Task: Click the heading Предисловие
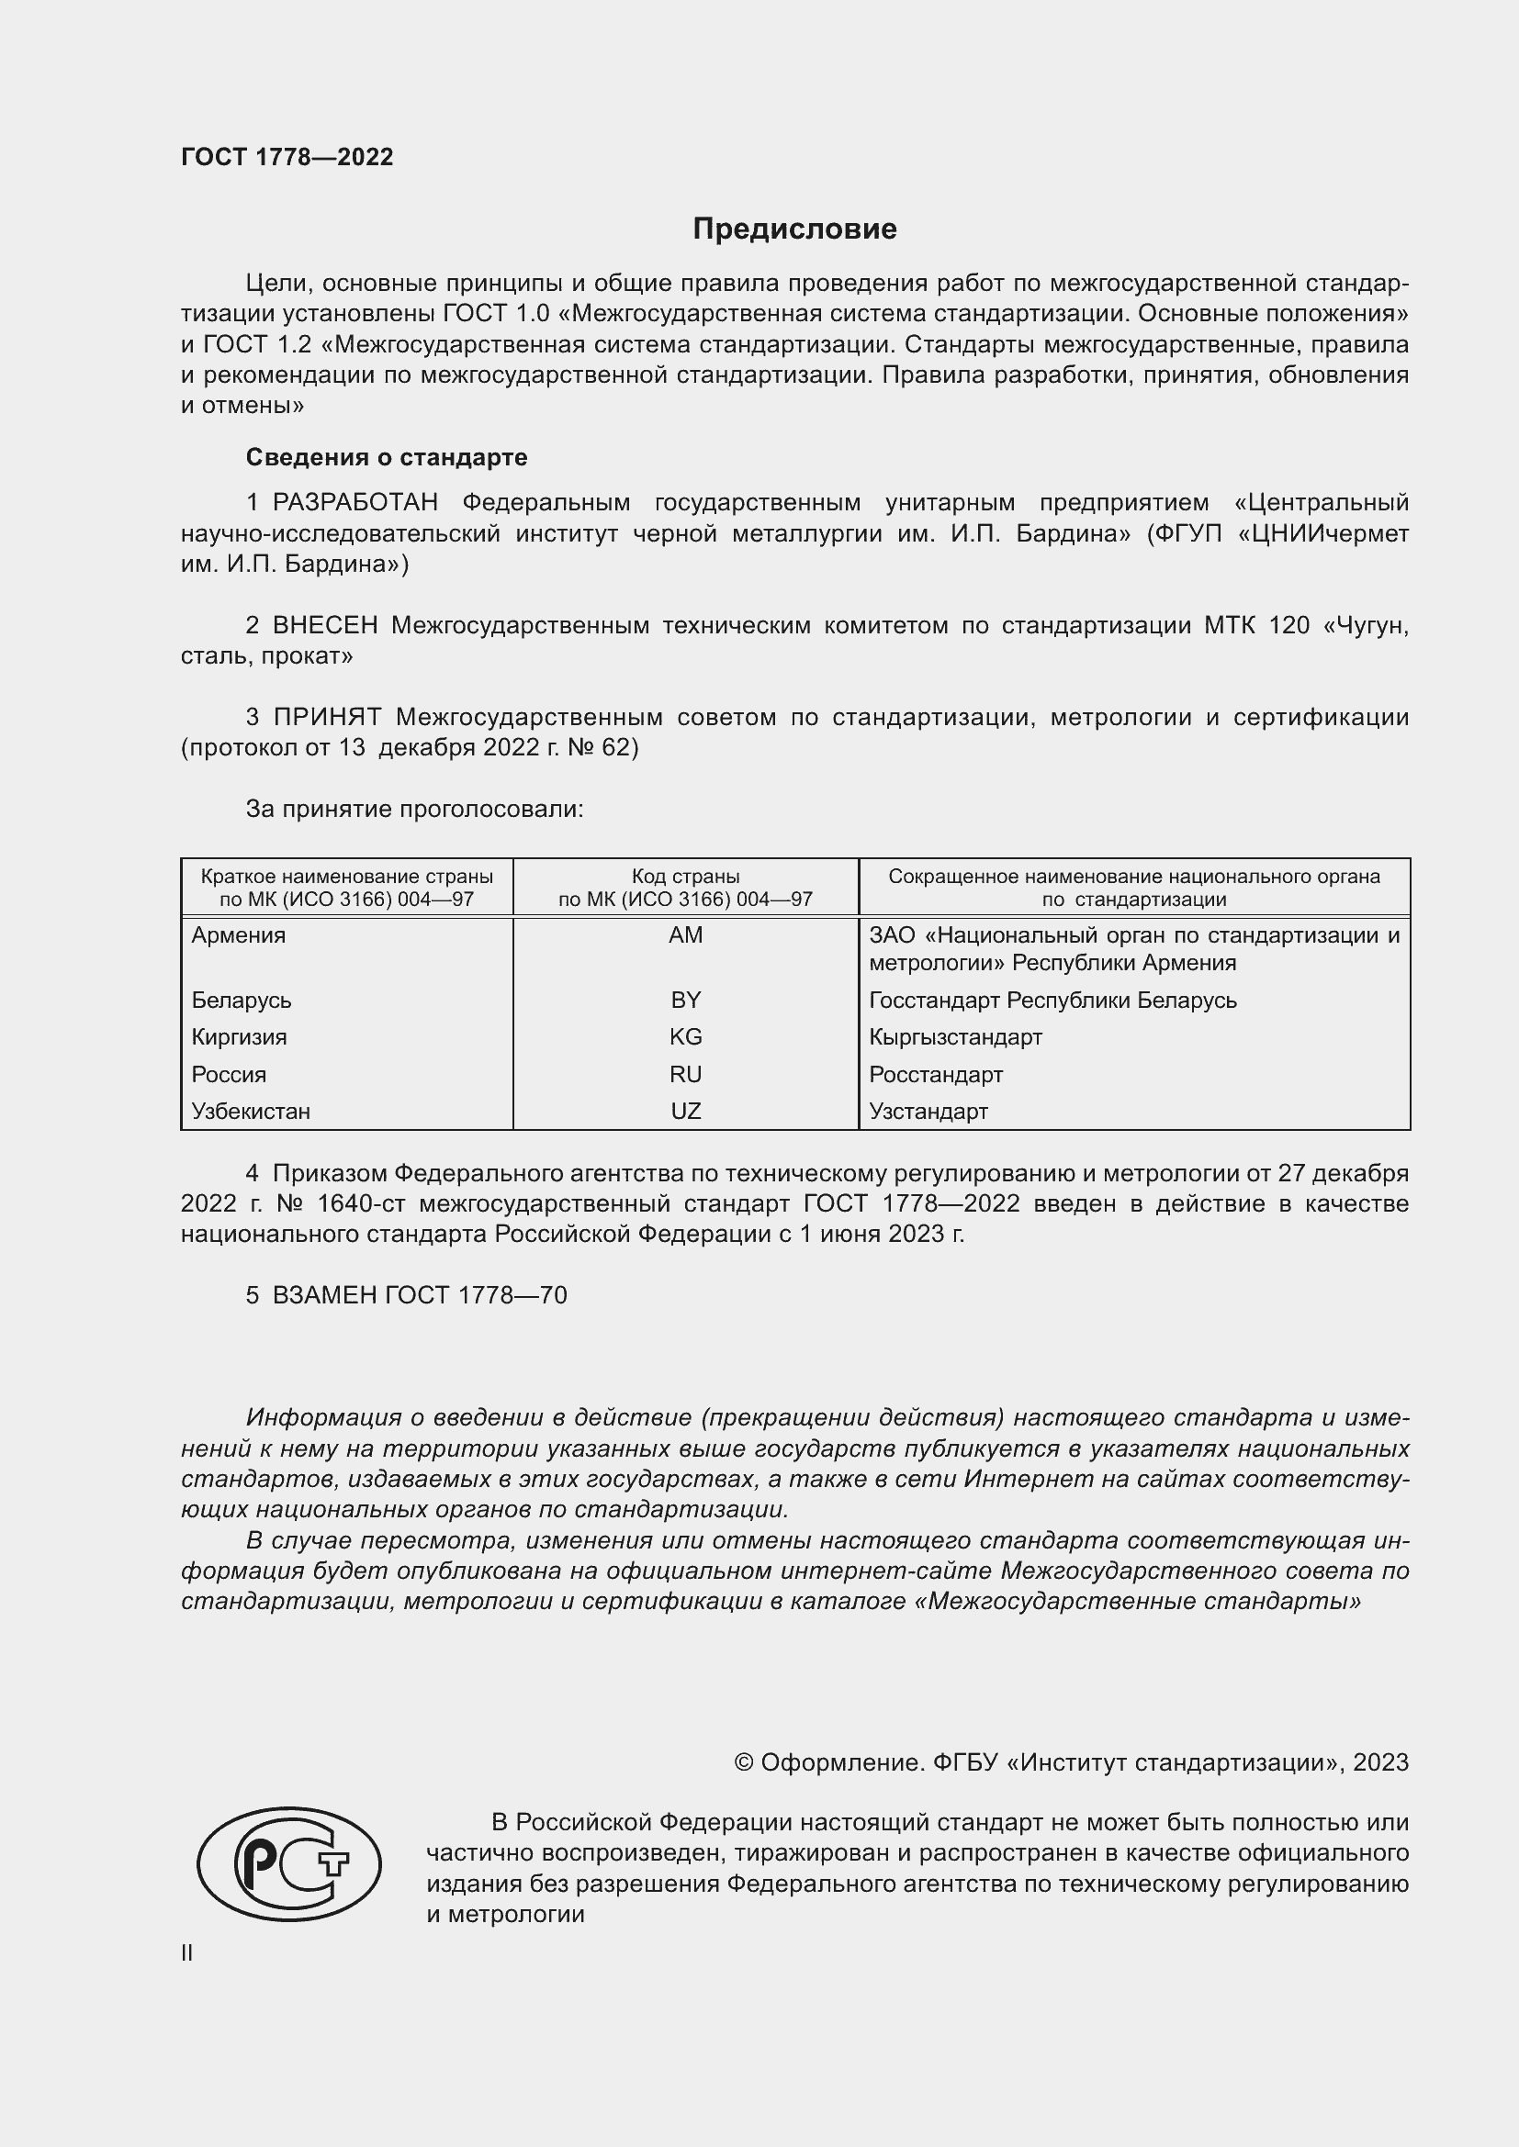(x=794, y=229)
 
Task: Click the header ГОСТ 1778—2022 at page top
(x=287, y=157)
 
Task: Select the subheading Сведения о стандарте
(x=387, y=457)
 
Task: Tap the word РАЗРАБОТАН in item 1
(x=355, y=503)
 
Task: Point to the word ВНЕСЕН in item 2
(x=325, y=626)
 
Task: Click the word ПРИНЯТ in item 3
(x=327, y=717)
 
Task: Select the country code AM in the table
(x=686, y=935)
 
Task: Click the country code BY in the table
(x=686, y=1000)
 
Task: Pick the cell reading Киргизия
(x=240, y=1037)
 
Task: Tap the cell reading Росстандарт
(x=935, y=1075)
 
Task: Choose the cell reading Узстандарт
(x=928, y=1111)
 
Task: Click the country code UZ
(x=686, y=1111)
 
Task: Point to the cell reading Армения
(x=239, y=935)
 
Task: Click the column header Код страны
(x=686, y=877)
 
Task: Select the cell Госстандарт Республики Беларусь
(x=1052, y=1001)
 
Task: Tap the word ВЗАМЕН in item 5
(x=325, y=1295)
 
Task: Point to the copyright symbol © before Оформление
(x=744, y=1762)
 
